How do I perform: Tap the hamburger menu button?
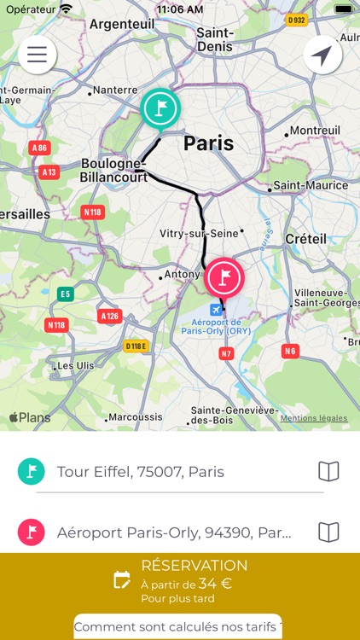click(37, 55)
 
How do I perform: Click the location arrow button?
click(322, 55)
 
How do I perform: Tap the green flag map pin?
click(160, 108)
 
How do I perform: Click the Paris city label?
click(209, 143)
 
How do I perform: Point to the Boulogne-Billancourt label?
click(113, 170)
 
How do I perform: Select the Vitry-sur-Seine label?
click(199, 233)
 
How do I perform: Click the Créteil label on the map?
click(306, 238)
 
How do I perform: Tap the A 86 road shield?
click(39, 148)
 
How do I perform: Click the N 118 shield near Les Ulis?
click(57, 324)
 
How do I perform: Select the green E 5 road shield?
click(65, 294)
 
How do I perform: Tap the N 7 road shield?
click(226, 352)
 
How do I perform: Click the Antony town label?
click(183, 275)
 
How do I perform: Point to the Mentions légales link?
click(314, 418)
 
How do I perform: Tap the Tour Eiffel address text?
click(141, 472)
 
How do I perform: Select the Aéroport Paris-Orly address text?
click(174, 532)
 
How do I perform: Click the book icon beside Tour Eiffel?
click(328, 471)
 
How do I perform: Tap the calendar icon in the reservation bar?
click(122, 580)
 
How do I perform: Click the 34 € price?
click(216, 584)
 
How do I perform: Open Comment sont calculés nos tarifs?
click(178, 627)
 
